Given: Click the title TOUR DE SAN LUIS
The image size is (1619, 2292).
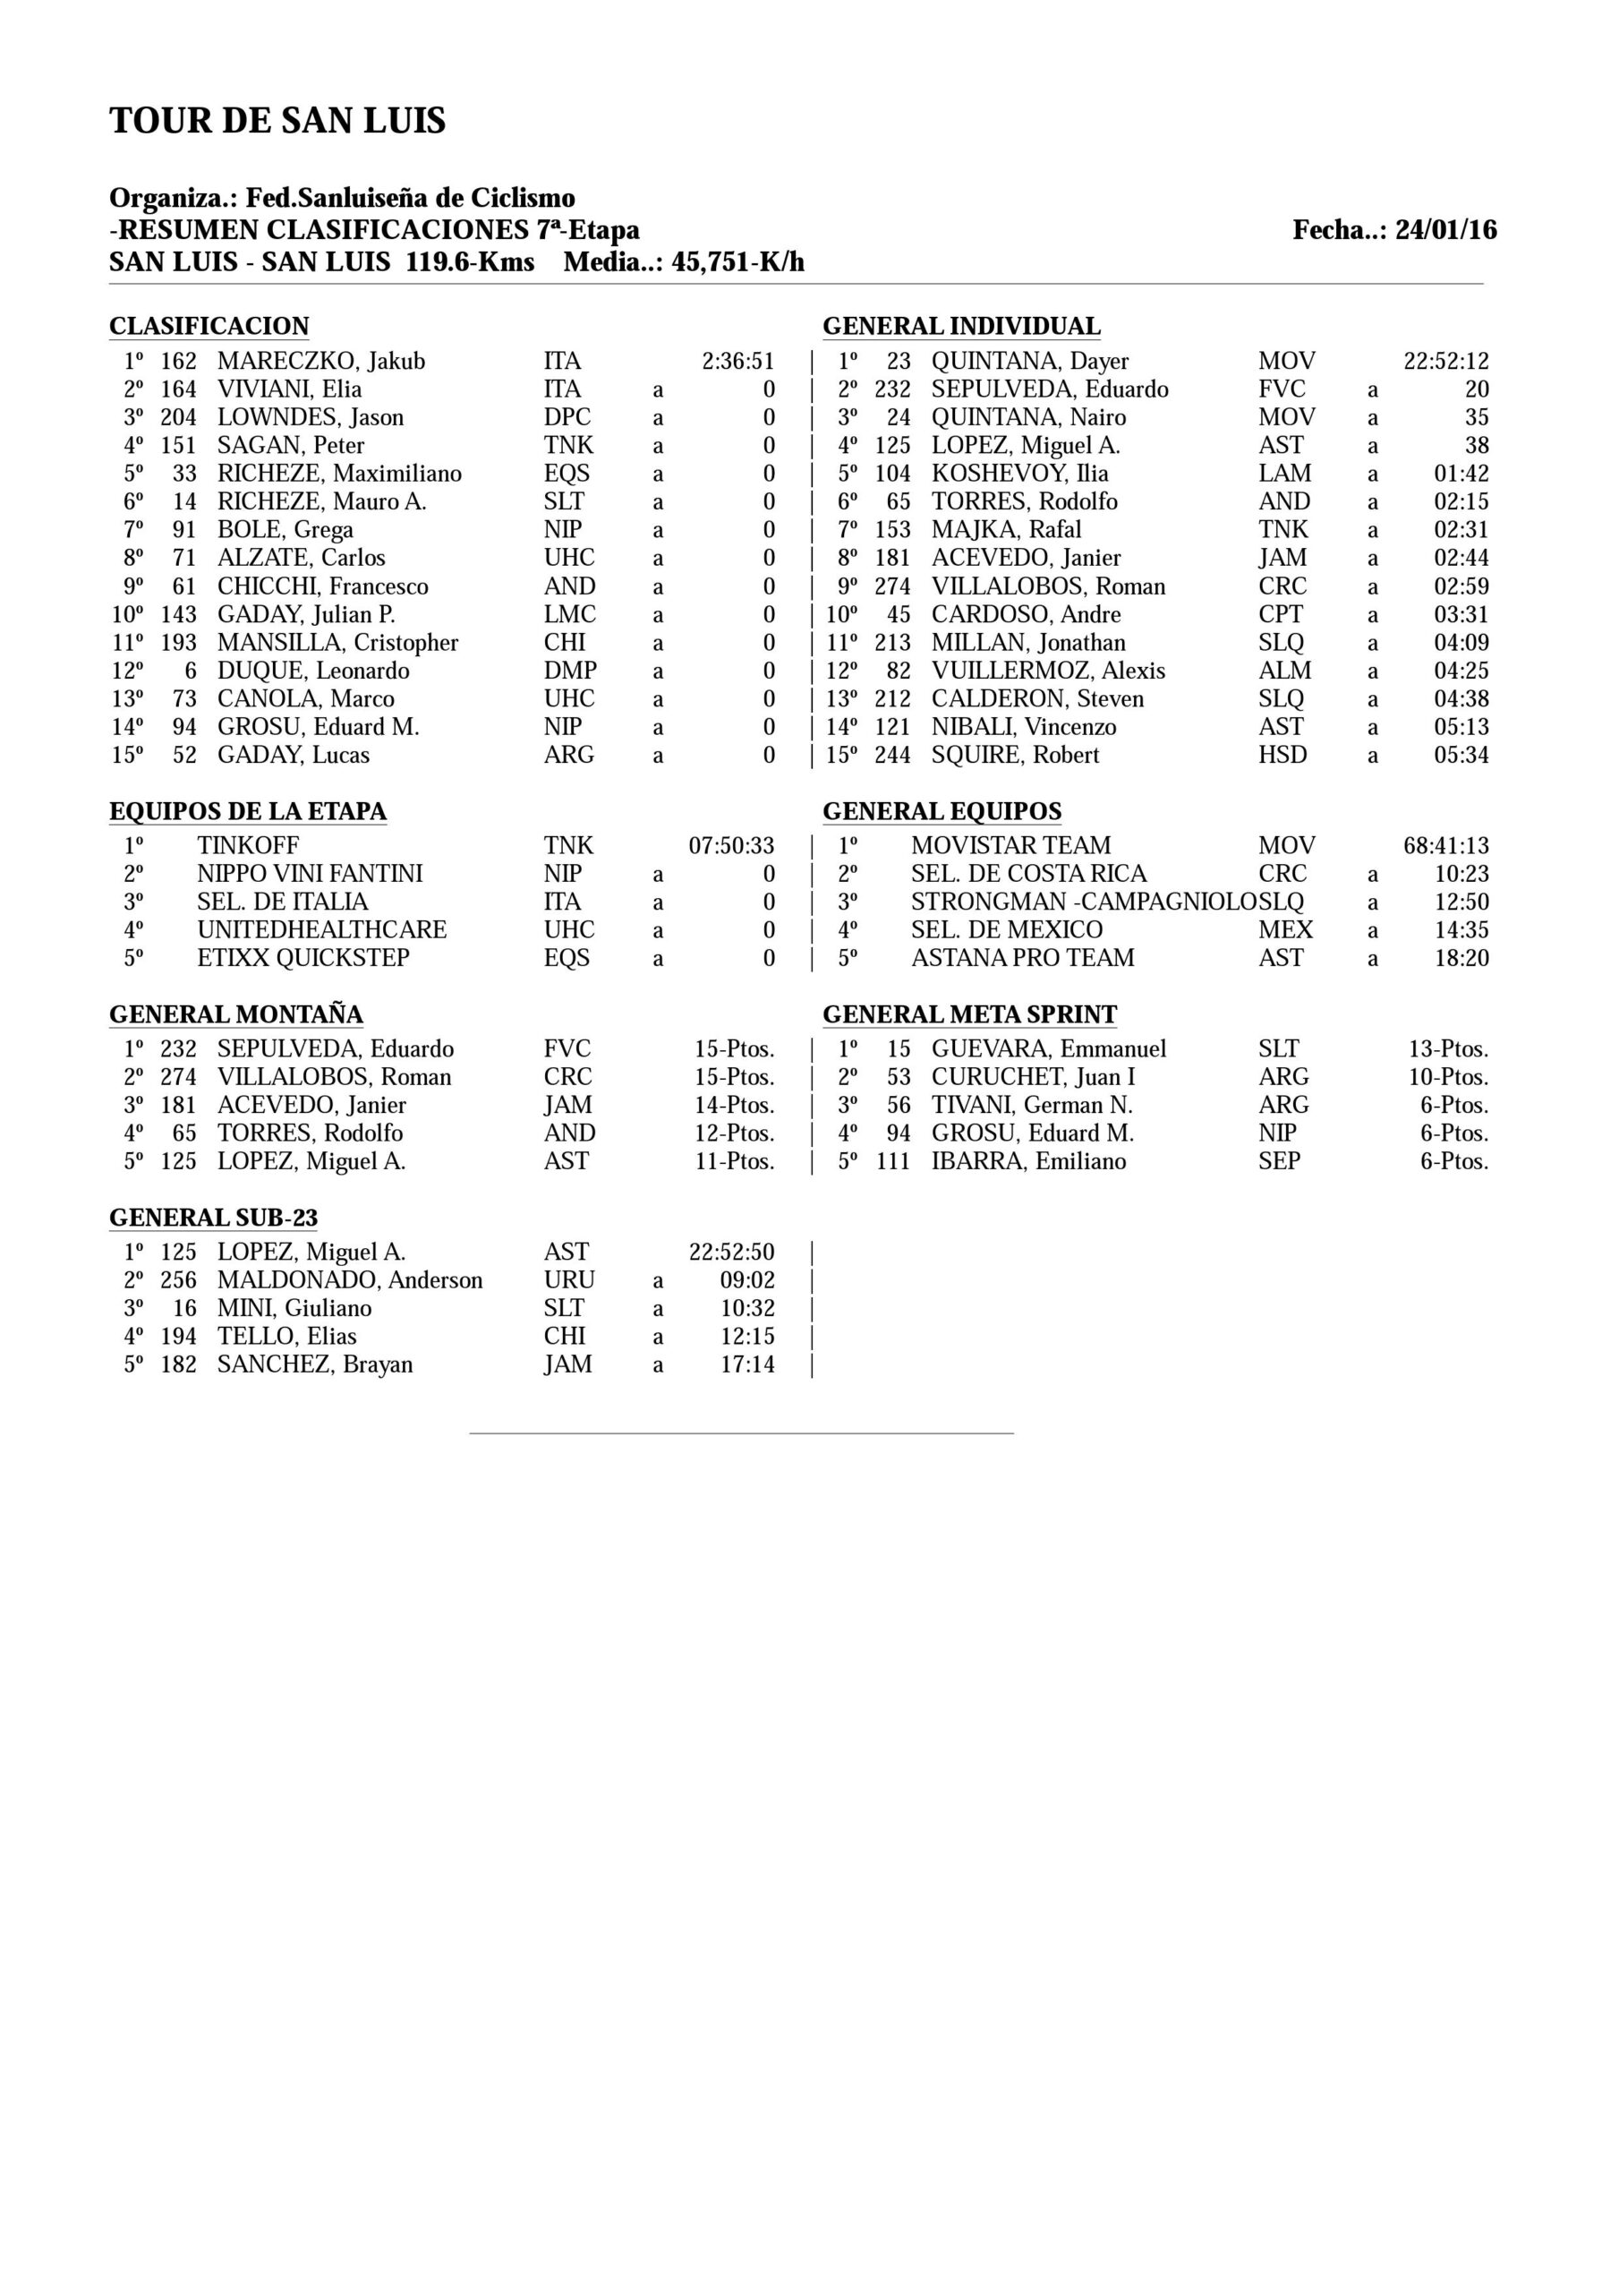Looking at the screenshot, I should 277,121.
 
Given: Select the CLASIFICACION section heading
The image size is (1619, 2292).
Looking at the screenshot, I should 209,327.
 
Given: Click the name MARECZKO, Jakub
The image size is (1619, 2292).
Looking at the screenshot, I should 320,362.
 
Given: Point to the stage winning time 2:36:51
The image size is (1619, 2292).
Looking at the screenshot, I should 737,362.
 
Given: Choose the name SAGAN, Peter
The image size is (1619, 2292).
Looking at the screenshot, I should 291,445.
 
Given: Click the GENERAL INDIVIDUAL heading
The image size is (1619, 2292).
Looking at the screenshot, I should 961,327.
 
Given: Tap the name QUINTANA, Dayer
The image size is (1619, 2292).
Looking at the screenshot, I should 1029,362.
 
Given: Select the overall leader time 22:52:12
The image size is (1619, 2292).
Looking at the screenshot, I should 1445,362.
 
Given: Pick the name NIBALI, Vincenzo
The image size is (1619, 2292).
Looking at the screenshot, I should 1023,727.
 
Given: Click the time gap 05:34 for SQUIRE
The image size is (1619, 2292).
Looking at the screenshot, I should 1461,755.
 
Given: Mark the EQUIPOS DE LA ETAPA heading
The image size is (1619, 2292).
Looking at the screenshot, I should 248,811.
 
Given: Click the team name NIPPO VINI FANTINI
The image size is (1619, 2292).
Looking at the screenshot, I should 310,874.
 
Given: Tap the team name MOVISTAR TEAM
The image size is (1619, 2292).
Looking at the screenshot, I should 1010,845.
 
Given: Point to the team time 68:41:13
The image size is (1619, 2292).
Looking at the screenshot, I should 1445,845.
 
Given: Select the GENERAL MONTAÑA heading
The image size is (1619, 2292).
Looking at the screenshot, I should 235,1015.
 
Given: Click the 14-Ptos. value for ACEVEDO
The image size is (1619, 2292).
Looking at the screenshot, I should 735,1105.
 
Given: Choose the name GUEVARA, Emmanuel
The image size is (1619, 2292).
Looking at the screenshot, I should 1048,1049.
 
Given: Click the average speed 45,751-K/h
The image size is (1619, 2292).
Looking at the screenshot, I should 737,262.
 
